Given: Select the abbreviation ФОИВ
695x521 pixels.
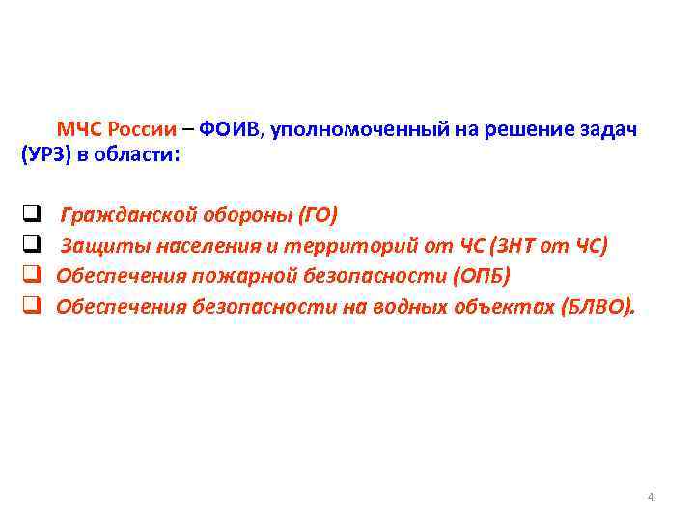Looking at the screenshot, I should (x=226, y=130).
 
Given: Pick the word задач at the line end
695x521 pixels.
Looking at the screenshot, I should (x=605, y=130).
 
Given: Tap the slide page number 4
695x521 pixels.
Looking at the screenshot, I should (x=650, y=497).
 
